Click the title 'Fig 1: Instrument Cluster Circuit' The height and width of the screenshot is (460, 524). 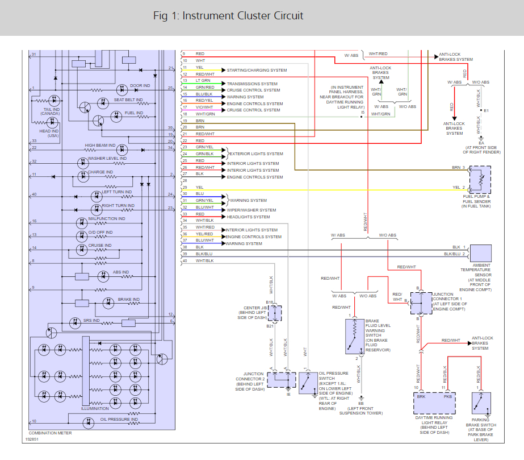228,16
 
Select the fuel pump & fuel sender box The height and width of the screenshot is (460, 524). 480,180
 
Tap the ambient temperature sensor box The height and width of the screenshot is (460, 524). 480,253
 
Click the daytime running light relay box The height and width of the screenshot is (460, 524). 434,403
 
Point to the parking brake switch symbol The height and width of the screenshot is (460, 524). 481,403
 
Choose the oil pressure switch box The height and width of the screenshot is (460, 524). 308,383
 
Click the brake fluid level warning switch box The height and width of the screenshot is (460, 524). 355,336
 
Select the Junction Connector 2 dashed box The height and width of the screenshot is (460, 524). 282,380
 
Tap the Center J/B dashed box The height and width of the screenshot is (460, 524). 275,313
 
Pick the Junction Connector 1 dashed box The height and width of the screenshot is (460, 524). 421,303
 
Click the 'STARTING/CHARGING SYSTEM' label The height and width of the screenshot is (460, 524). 257,71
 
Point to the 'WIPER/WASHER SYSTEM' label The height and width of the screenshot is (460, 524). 251,210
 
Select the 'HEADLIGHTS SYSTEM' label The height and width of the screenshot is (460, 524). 248,217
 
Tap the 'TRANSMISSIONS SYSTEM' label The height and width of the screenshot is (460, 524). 252,84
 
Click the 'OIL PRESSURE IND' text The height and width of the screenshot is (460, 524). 119,419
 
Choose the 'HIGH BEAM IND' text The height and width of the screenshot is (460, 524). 100,146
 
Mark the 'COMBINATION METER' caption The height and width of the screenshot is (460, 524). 50,433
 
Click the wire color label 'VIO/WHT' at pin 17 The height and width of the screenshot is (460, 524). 204,107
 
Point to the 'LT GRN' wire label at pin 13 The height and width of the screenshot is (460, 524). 203,80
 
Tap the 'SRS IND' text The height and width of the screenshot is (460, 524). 91,320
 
